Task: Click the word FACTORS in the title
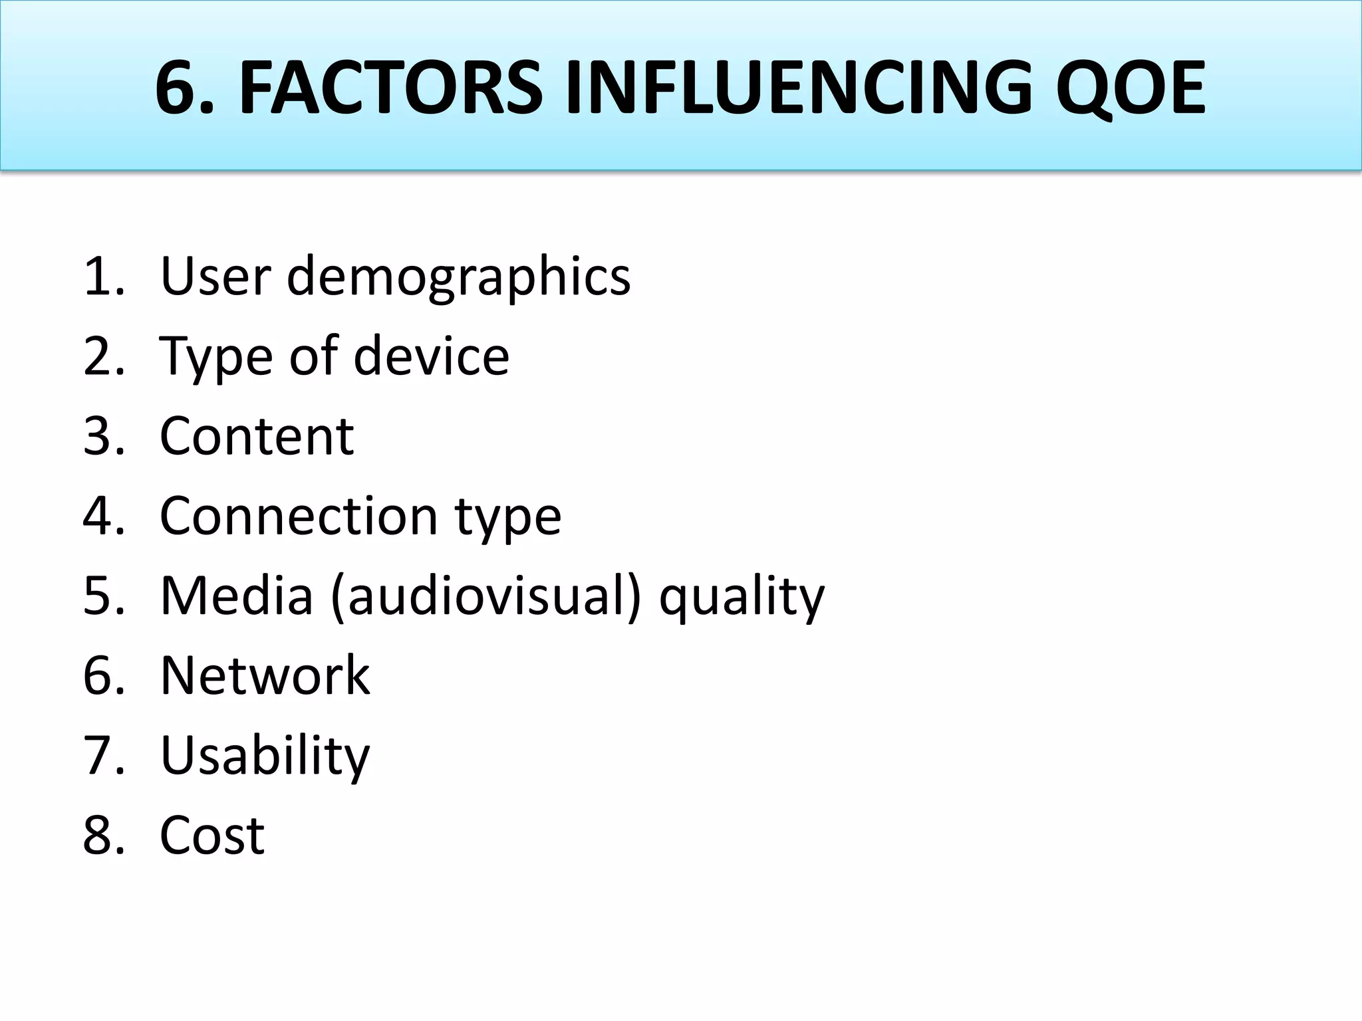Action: tap(390, 88)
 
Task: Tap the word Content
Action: tap(257, 436)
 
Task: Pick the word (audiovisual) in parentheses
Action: tap(485, 596)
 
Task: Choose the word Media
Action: tap(237, 596)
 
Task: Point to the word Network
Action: tap(265, 675)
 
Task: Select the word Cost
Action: tap(212, 836)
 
